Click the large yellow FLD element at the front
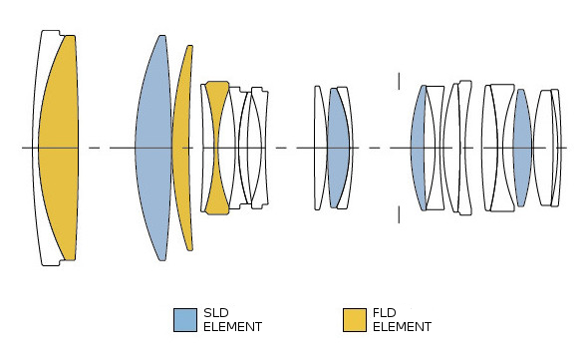click(x=60, y=148)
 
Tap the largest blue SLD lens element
click(x=153, y=148)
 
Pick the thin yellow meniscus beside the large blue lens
click(x=181, y=148)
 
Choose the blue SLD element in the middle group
click(x=338, y=148)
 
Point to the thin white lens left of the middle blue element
click(x=319, y=148)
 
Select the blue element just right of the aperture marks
click(x=417, y=148)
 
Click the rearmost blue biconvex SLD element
click(x=522, y=148)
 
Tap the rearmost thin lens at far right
click(x=557, y=148)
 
